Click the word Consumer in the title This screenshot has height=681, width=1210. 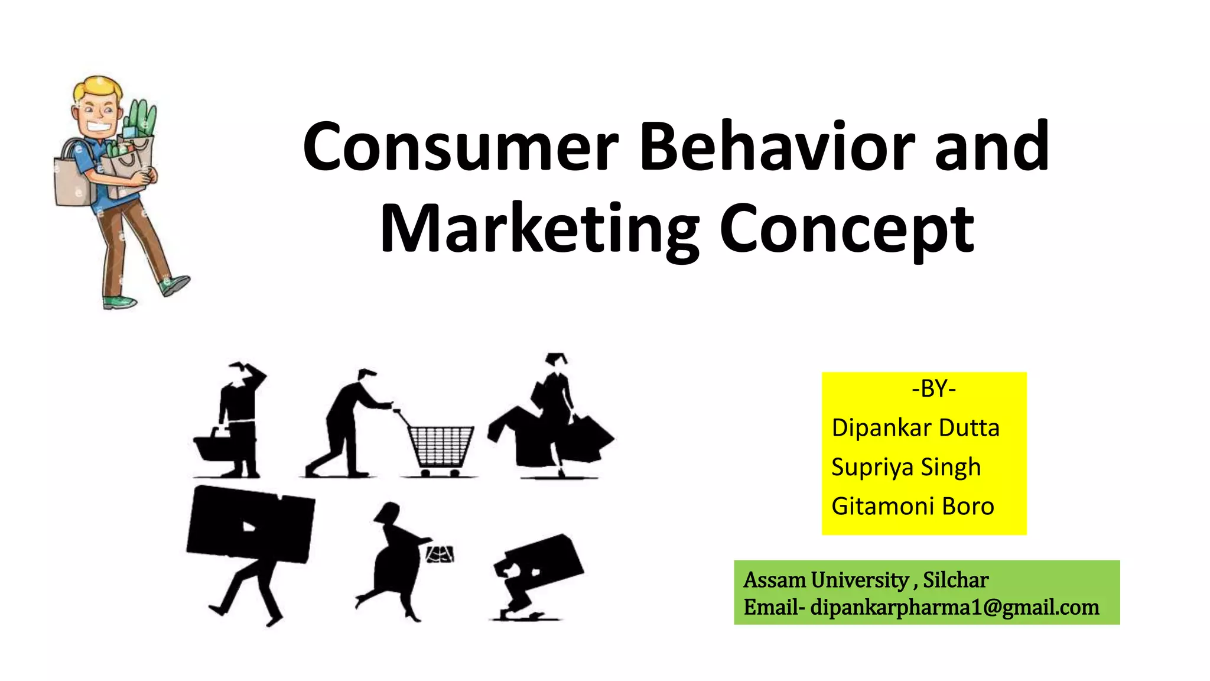[x=460, y=147]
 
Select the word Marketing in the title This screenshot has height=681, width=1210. [x=539, y=229]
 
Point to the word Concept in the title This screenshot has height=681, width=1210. [x=846, y=229]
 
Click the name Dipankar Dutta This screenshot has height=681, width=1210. [x=915, y=427]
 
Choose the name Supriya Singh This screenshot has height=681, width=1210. [x=906, y=467]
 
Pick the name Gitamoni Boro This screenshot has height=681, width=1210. [x=912, y=506]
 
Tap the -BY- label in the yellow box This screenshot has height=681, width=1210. [x=933, y=388]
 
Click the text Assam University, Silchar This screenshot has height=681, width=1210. [x=866, y=580]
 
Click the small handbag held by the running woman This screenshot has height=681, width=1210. [x=441, y=554]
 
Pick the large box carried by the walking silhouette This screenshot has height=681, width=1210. [x=251, y=523]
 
